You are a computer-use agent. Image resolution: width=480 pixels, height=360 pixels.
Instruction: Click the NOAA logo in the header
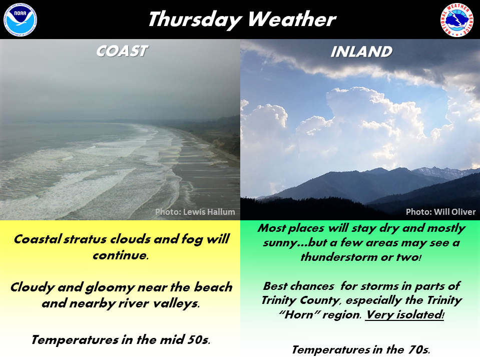[20, 20]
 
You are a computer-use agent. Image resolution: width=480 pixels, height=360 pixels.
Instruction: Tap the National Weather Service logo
[457, 20]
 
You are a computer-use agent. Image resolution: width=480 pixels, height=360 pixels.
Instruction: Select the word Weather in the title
[292, 19]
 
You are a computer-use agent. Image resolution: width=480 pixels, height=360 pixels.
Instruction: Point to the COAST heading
[122, 51]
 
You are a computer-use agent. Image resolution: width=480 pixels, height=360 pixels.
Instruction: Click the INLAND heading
[361, 52]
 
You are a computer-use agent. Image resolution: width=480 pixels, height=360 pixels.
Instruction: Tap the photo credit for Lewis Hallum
[195, 212]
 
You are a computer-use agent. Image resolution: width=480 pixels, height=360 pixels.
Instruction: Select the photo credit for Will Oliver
[440, 212]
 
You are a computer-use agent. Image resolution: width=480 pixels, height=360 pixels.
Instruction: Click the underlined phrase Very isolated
[404, 315]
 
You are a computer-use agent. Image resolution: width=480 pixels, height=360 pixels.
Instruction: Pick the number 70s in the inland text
[418, 349]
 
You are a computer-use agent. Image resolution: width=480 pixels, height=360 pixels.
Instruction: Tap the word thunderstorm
[339, 257]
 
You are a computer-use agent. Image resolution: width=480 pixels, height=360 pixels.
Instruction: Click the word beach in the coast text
[213, 287]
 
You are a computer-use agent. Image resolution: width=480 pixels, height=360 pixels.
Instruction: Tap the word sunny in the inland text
[280, 243]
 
